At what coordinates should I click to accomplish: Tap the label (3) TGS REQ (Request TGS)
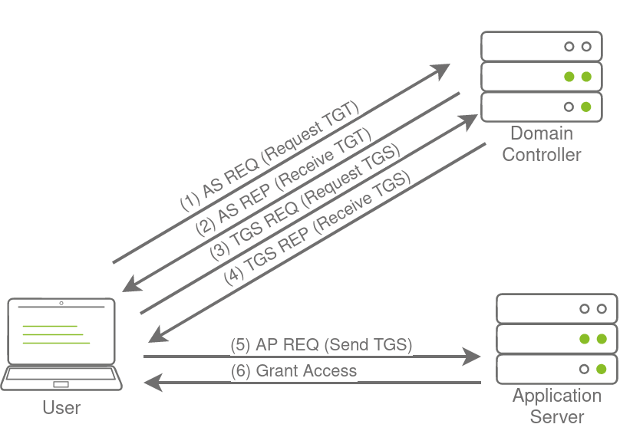click(x=305, y=200)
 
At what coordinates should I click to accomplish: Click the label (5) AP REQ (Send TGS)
click(x=322, y=345)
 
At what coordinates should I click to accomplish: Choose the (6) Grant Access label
click(x=294, y=371)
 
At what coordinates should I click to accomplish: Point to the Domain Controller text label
click(x=541, y=143)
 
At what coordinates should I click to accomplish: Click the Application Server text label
click(x=556, y=406)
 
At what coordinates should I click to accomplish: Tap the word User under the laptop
click(x=61, y=407)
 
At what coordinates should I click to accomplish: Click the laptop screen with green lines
click(x=61, y=334)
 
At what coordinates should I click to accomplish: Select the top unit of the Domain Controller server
click(x=542, y=46)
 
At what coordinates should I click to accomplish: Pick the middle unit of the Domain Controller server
click(x=542, y=77)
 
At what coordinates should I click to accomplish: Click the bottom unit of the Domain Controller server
click(x=542, y=107)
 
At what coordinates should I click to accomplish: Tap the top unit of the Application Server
click(x=557, y=308)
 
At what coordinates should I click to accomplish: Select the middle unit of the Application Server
click(x=557, y=338)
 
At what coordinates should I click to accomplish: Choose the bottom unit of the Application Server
click(x=557, y=369)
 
